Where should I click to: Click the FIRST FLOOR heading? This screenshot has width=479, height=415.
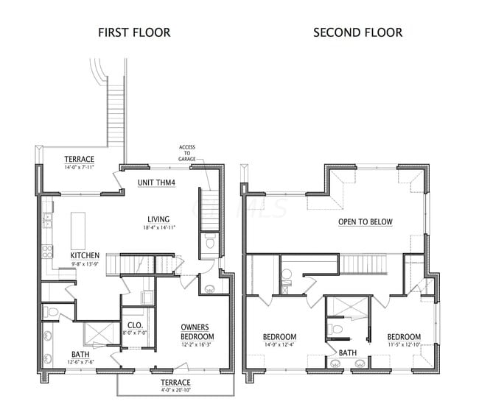tap(134, 32)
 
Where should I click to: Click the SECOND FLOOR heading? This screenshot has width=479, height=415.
tap(358, 32)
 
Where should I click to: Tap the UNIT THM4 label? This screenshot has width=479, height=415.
tap(156, 182)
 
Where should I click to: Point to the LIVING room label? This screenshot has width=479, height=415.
tap(158, 219)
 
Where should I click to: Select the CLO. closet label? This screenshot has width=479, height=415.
tap(135, 324)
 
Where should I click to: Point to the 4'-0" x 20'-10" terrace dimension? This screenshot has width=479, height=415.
tap(175, 391)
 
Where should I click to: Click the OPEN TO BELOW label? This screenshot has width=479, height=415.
tap(366, 222)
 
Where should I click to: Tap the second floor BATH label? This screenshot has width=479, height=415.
tap(348, 353)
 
